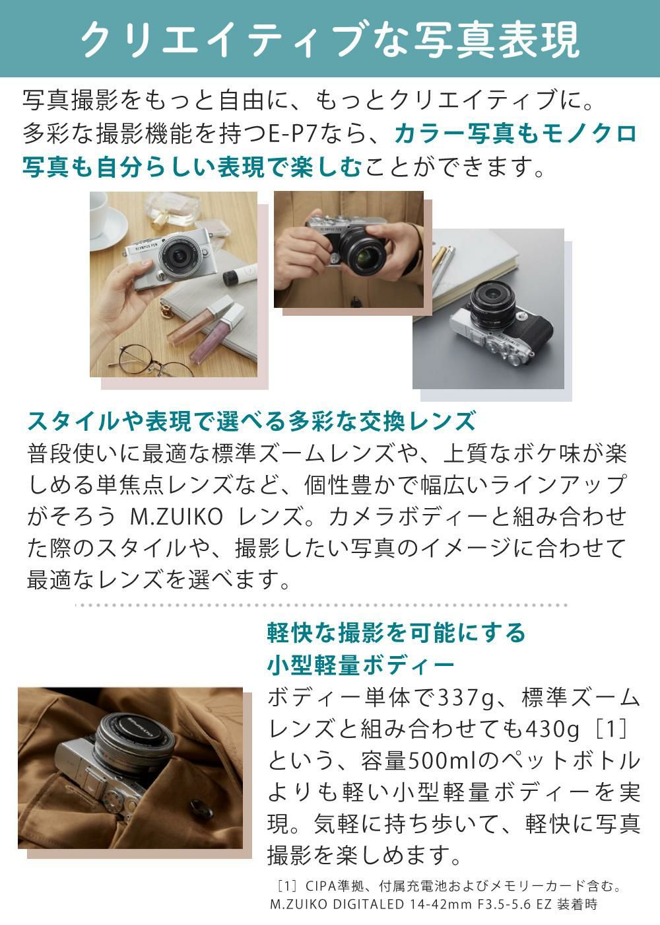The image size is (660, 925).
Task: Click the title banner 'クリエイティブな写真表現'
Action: tap(330, 38)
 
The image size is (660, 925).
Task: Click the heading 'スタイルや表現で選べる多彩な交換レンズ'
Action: tap(251, 421)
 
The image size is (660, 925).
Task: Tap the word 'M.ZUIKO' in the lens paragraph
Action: tap(174, 516)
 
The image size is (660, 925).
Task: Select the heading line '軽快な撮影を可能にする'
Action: tap(397, 632)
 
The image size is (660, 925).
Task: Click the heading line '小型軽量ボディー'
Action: tap(361, 664)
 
